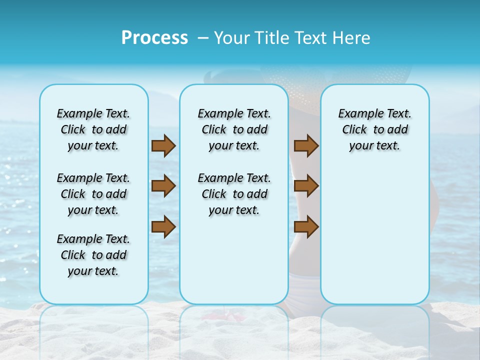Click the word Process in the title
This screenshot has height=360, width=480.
(x=154, y=38)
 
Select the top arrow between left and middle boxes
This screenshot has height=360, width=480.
(x=163, y=145)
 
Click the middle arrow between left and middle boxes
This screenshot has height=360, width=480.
(x=163, y=186)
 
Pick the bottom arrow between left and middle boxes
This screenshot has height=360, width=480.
(x=163, y=227)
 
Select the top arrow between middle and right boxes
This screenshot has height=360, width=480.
(x=306, y=145)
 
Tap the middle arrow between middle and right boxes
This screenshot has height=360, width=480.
(x=306, y=186)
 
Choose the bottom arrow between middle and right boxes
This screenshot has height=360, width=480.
(x=306, y=227)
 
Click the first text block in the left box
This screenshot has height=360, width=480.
(x=93, y=129)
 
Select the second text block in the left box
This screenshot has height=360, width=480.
(x=93, y=194)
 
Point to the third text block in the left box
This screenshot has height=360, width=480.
(x=93, y=255)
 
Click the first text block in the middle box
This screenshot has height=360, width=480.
(x=234, y=129)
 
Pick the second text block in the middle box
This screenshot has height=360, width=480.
(x=234, y=194)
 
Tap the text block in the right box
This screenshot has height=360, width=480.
(x=374, y=129)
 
